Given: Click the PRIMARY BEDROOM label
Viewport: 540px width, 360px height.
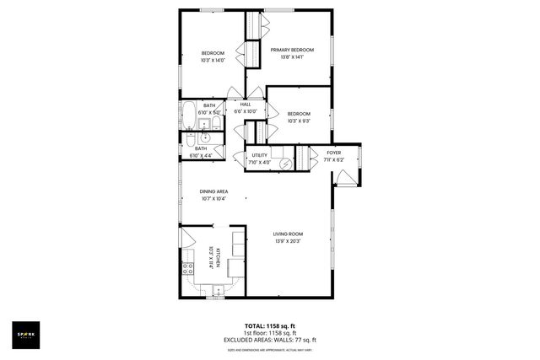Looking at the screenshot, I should pyautogui.click(x=292, y=50).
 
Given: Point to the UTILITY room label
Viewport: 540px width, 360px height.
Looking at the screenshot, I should pyautogui.click(x=260, y=155).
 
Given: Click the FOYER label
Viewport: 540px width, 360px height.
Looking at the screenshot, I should pyautogui.click(x=333, y=152).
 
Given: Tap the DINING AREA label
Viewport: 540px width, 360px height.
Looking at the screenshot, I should pyautogui.click(x=213, y=191).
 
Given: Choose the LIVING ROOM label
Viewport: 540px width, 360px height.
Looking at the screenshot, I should pyautogui.click(x=288, y=234).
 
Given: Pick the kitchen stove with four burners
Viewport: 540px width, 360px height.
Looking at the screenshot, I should pyautogui.click(x=188, y=268).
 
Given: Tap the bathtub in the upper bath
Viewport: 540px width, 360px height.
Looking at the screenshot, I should pyautogui.click(x=187, y=121).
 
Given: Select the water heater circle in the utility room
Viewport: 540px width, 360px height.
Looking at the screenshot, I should pyautogui.click(x=283, y=164).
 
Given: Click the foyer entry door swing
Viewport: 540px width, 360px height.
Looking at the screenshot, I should pyautogui.click(x=345, y=178).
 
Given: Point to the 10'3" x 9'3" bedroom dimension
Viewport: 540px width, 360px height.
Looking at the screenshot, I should pyautogui.click(x=298, y=121).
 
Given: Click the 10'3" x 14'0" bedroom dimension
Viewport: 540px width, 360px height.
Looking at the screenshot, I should pyautogui.click(x=212, y=61).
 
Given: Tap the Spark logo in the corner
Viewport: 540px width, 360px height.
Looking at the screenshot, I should pyautogui.click(x=27, y=335).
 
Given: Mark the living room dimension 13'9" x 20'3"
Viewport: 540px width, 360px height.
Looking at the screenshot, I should pyautogui.click(x=288, y=242).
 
